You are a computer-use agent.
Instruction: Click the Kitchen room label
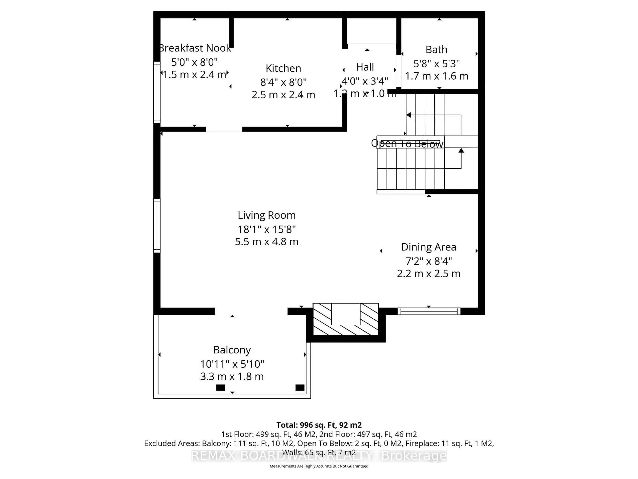point(283,68)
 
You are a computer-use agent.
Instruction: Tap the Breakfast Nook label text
point(195,48)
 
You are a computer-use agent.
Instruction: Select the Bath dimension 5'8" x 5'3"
point(436,63)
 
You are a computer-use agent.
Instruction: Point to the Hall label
point(365,67)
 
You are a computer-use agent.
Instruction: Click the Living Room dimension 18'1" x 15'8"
point(266,229)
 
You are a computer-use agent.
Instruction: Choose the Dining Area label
point(429,247)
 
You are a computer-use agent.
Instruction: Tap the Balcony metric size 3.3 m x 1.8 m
point(232,377)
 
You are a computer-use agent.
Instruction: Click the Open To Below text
point(407,144)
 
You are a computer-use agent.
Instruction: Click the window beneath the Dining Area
point(429,311)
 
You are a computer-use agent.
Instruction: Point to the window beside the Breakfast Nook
point(157,92)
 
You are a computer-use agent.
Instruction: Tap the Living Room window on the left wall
point(157,226)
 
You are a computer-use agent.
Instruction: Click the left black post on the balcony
point(221,388)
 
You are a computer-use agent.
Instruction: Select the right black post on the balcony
point(300,388)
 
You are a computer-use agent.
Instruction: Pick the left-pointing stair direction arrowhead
point(408,115)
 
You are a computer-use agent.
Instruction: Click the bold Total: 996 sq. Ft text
point(319,425)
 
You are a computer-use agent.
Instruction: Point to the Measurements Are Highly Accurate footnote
point(319,466)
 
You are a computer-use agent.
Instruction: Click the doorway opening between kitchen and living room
point(224,129)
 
